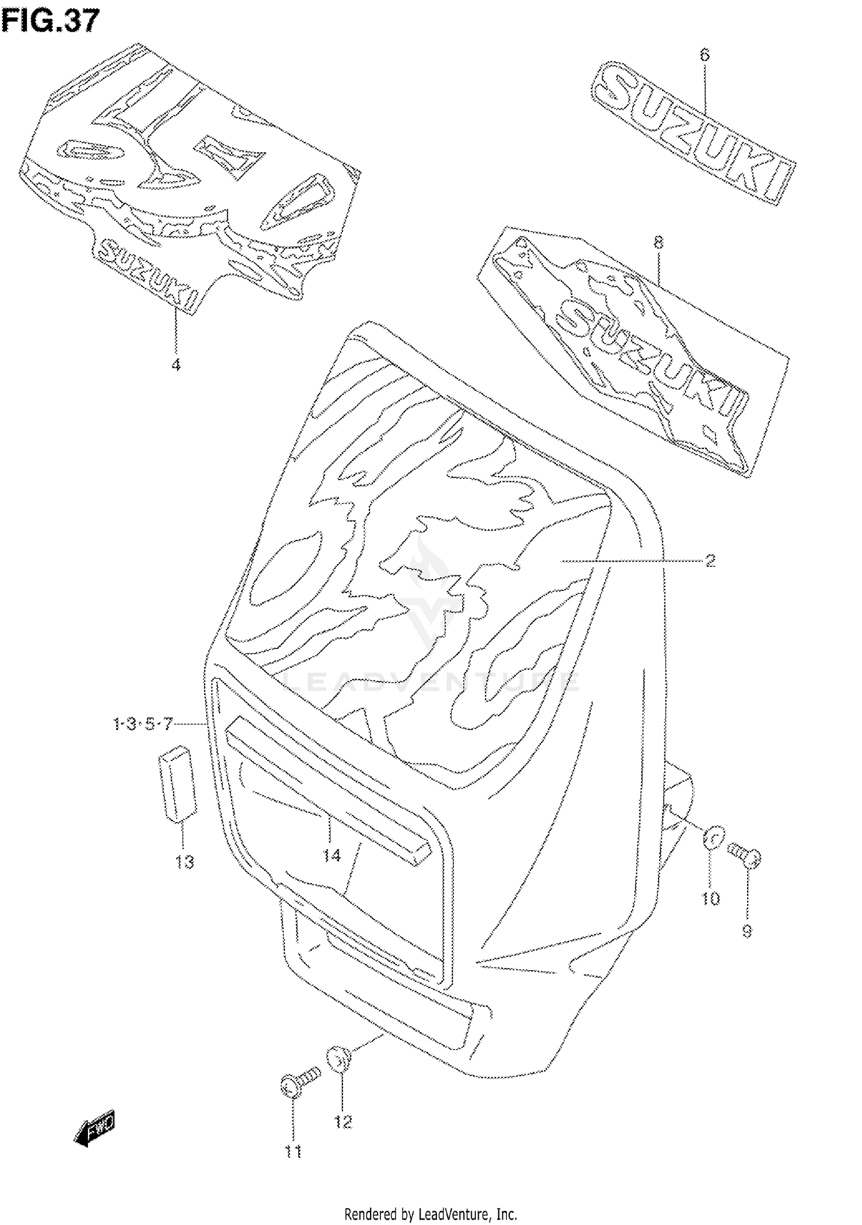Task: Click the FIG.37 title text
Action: pos(51,22)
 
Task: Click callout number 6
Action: pos(705,55)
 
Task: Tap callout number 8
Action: pos(659,243)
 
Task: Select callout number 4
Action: pos(176,364)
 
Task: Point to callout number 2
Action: pos(710,560)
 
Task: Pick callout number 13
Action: pos(185,862)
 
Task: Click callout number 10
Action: pos(711,898)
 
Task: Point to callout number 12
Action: pos(343,1122)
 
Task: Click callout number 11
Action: pos(294,1152)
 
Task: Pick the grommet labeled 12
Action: pos(339,1060)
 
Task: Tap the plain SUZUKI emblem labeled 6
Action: pos(692,132)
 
